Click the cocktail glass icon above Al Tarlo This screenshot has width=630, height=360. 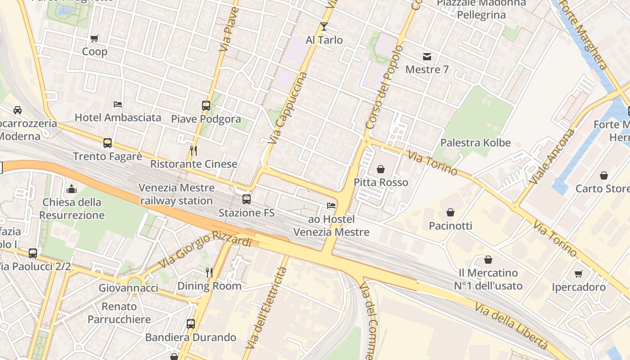click(324, 27)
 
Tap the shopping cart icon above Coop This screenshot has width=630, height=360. click(94, 39)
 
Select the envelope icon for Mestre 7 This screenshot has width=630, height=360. click(427, 57)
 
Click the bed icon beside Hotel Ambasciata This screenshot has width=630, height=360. click(118, 104)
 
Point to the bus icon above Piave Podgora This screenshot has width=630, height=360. click(206, 106)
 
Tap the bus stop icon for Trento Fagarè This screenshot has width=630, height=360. click(108, 143)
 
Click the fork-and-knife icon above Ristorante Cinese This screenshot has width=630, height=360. click(193, 151)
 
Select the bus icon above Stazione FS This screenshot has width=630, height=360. click(246, 199)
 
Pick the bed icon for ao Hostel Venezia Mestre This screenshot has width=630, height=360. click(331, 206)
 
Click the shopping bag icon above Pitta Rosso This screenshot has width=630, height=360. click(381, 169)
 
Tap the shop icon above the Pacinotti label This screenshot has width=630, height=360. click(450, 212)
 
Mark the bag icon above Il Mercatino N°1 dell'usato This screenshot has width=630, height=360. click(488, 260)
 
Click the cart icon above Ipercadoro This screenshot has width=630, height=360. click(579, 274)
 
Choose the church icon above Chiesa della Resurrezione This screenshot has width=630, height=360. click(72, 189)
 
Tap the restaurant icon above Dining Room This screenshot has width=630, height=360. click(209, 272)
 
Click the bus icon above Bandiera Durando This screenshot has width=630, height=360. click(191, 324)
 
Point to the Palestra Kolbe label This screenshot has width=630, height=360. click(475, 143)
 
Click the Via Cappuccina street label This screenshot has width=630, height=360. click(287, 108)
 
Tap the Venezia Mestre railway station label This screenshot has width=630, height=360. click(176, 194)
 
